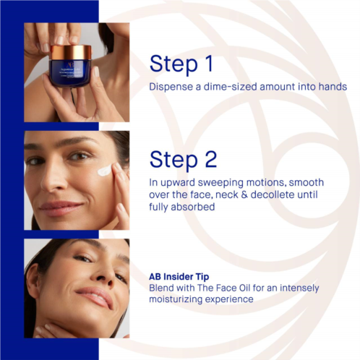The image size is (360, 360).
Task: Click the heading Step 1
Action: coord(181,64)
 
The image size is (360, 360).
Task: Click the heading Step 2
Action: coord(183,160)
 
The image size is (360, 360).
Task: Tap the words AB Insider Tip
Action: coord(179,277)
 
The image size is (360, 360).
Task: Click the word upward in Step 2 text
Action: coord(178,183)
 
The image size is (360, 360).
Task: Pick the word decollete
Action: coord(273,194)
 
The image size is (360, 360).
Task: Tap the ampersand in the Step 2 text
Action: coord(244,195)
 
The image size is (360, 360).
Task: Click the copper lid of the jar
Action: coord(71,52)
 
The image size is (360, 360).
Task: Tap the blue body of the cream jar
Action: coord(69,73)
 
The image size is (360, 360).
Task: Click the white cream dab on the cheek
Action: coord(105,170)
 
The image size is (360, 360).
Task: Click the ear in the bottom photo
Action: coord(34,280)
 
